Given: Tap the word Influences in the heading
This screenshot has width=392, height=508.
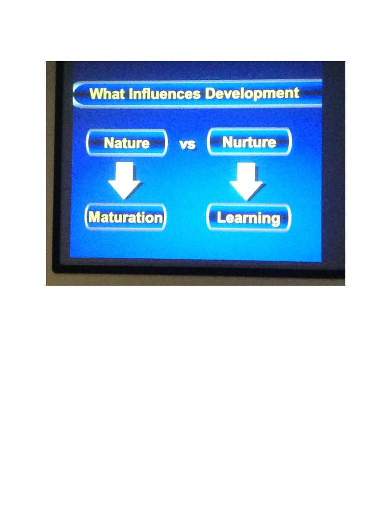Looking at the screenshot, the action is (165, 94).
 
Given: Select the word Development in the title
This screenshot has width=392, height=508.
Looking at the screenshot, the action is (252, 93).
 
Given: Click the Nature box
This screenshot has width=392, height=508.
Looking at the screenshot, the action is (127, 143).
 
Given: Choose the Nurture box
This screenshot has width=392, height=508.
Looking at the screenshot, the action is (249, 142).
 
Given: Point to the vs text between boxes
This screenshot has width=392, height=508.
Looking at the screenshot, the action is (187, 145).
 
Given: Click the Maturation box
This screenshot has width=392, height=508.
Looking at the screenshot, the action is (125, 217).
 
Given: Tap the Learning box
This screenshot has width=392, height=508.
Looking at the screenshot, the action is (249, 218).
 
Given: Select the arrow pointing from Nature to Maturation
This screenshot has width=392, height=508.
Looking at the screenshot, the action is (124, 180).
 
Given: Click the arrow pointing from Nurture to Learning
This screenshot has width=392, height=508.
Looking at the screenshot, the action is (246, 181).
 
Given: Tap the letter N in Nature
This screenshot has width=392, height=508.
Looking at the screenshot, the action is (109, 143).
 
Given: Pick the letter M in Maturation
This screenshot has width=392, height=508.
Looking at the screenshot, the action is (95, 217).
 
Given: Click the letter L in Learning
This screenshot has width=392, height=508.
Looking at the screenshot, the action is (221, 217).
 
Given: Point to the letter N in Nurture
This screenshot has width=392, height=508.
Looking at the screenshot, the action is (228, 142).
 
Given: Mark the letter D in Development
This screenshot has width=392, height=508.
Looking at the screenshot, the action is (210, 93).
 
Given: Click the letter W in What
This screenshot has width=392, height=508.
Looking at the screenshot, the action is (96, 94).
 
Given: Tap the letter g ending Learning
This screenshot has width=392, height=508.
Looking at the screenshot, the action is (275, 220).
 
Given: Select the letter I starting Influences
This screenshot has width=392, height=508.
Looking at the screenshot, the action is (131, 94).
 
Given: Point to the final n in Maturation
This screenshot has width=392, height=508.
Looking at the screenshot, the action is (158, 219).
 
